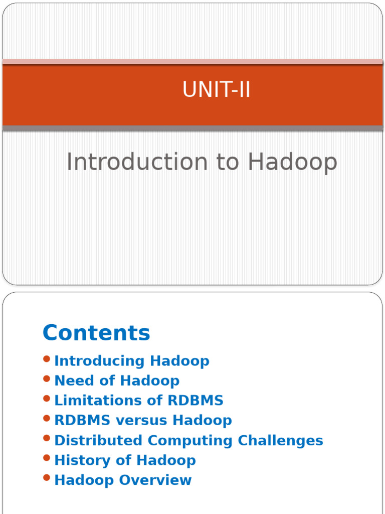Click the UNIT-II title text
(216, 90)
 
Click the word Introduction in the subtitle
(136, 162)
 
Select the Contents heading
(96, 333)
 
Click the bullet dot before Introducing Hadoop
(47, 359)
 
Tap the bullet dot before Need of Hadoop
(47, 378)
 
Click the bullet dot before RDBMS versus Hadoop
(47, 418)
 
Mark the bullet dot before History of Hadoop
(47, 458)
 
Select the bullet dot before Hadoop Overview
(47, 478)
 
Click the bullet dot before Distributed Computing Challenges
(47, 438)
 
